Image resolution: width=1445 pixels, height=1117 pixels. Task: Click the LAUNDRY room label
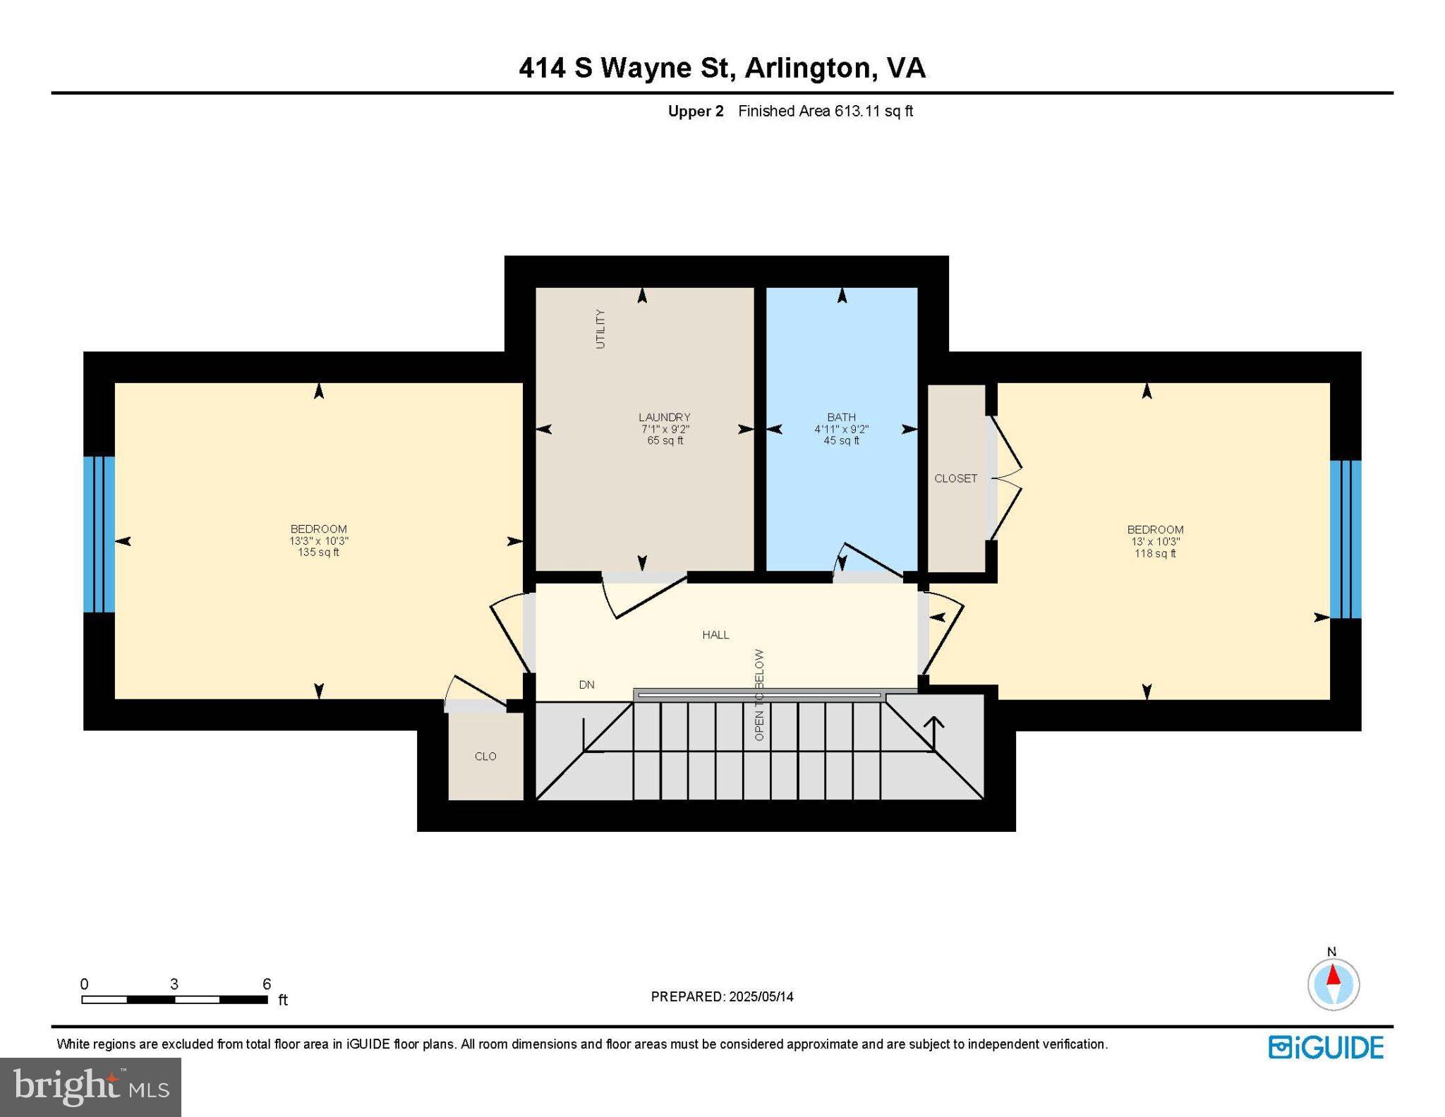[664, 417]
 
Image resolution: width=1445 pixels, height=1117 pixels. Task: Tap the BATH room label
[841, 417]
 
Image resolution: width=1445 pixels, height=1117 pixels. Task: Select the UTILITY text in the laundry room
[600, 329]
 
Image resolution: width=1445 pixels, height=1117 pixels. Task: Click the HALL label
[715, 635]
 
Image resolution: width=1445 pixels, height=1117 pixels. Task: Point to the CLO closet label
[485, 756]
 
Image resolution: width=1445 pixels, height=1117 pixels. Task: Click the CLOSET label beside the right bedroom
[955, 478]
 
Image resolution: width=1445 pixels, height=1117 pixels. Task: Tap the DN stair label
[586, 684]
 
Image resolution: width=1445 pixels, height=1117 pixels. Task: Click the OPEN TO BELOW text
[759, 695]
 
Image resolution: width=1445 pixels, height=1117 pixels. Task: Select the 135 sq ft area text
[318, 553]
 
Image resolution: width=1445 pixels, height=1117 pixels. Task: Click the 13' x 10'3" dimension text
[1154, 542]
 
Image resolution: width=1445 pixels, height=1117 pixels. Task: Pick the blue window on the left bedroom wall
[99, 534]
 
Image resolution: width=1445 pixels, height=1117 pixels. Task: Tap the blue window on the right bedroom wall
[1345, 539]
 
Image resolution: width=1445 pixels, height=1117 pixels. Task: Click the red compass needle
[1333, 976]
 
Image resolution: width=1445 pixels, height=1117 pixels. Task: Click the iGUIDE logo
[1326, 1048]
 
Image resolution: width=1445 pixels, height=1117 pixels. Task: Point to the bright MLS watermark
[90, 1086]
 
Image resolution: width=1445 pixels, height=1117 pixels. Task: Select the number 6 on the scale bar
[267, 984]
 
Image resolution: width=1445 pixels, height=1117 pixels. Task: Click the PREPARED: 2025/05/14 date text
[722, 997]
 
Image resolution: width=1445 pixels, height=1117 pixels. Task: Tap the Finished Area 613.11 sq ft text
[825, 111]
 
